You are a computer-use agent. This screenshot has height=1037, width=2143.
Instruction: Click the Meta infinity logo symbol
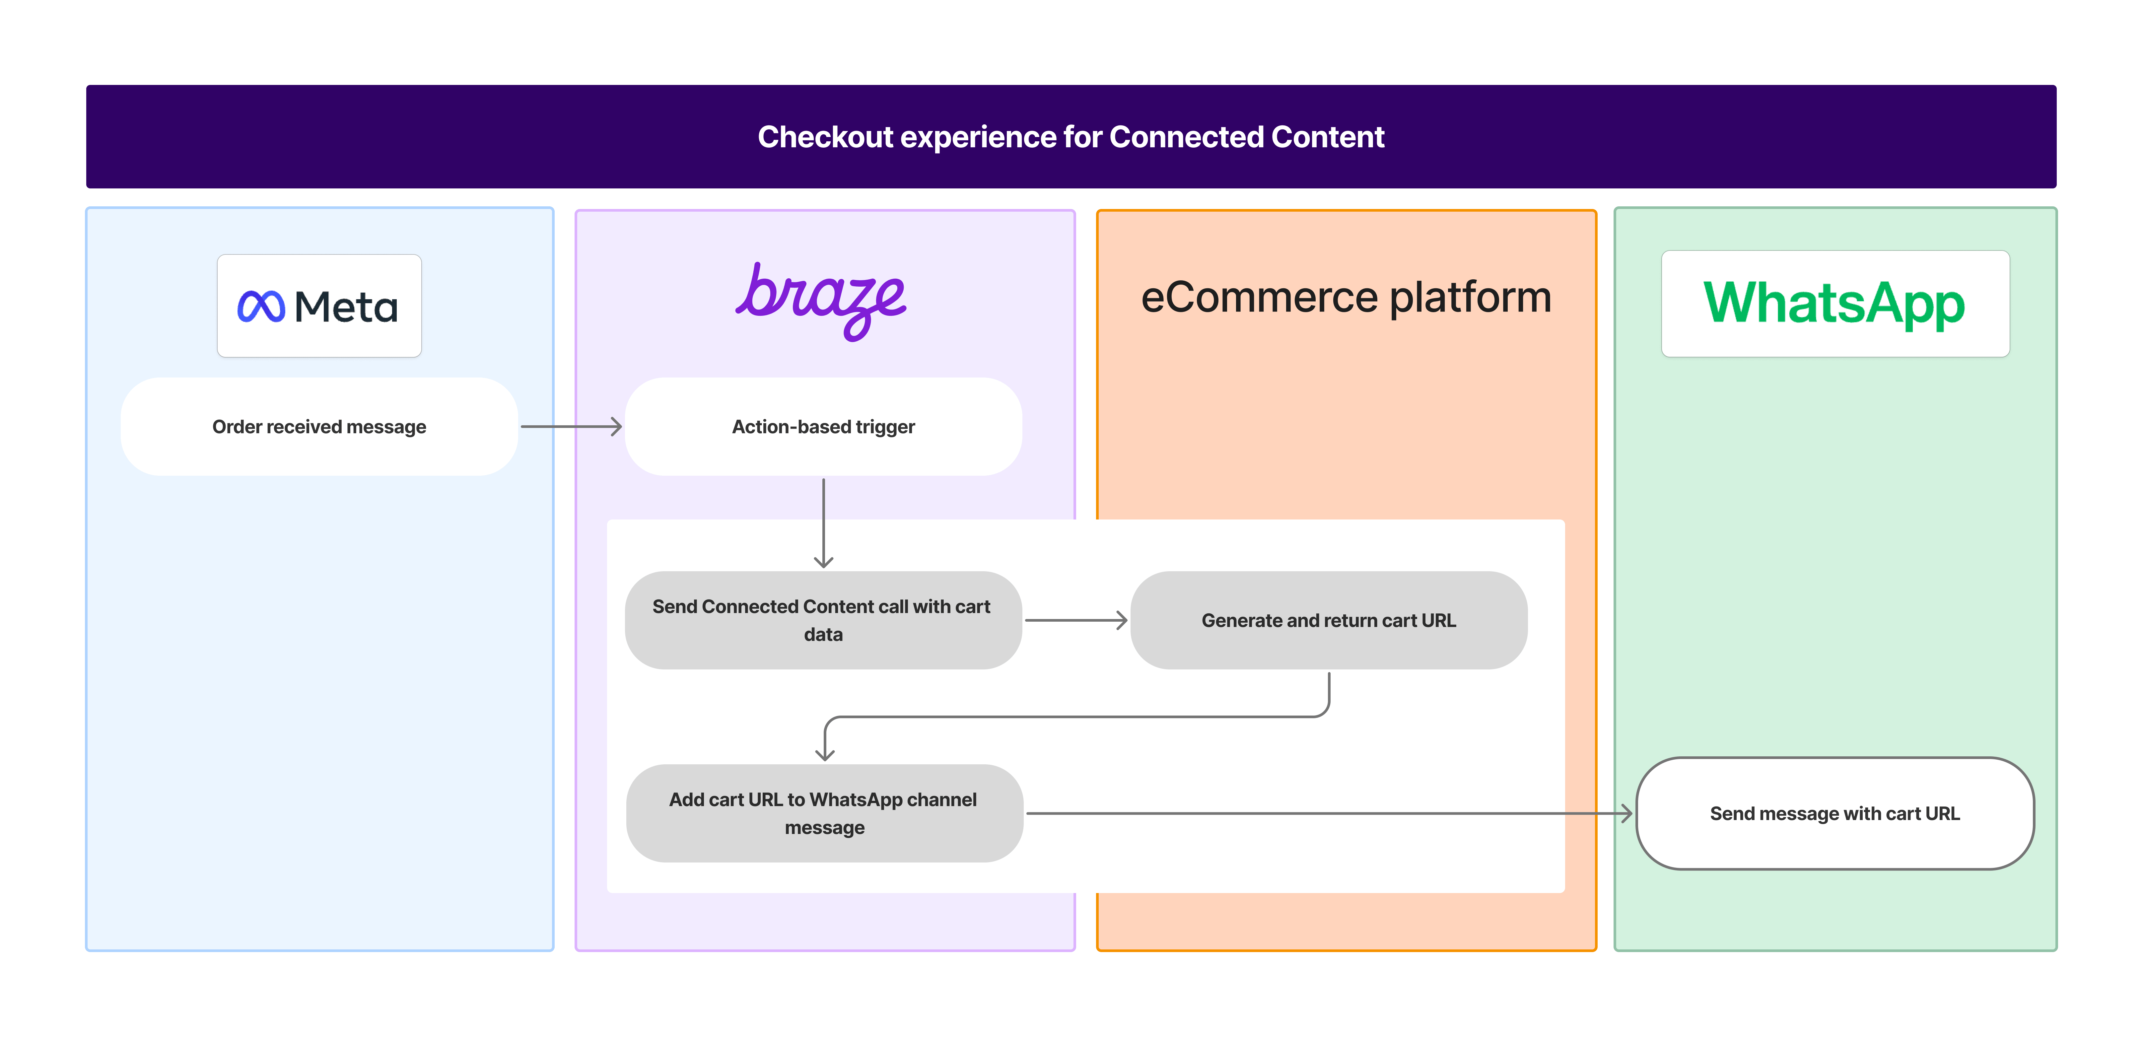point(260,307)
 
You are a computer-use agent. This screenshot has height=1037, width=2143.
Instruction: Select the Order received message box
point(319,427)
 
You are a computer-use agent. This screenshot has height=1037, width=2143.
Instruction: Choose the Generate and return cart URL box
point(1329,620)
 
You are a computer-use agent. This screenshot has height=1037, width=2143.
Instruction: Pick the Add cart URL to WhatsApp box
point(824,813)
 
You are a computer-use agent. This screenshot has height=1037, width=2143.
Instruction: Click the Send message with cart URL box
point(1834,813)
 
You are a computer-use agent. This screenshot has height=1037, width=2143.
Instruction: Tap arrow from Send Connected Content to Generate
point(1076,620)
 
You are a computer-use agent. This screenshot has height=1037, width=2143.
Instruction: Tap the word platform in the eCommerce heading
point(1470,298)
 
